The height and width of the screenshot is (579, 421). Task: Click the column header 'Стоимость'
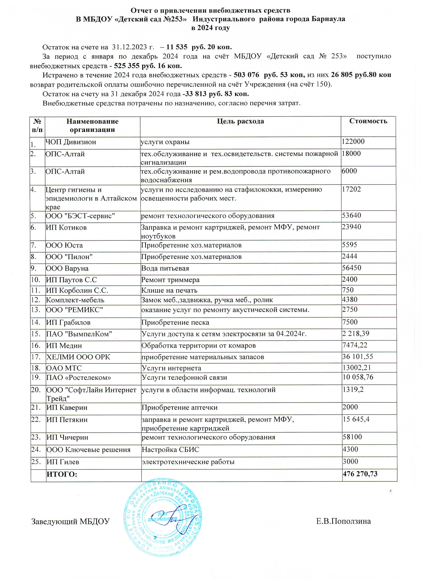368,121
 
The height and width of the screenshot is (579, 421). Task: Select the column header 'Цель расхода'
240,121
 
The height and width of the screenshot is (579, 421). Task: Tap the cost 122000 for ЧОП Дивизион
353,141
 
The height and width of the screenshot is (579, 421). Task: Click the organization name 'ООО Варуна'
67,268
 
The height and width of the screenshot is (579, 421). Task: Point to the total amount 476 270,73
360,474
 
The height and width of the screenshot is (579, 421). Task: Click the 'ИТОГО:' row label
62,474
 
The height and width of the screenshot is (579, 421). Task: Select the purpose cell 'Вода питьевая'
165,268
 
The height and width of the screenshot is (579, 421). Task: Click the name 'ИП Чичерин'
67,437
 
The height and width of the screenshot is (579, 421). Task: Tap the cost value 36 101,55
357,356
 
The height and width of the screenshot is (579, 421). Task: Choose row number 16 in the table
35,345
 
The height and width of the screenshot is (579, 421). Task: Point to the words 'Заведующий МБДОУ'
70,521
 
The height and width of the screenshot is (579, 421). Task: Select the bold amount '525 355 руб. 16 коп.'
148,66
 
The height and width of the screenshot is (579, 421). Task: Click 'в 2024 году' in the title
210,28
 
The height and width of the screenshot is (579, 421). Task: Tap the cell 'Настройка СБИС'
170,450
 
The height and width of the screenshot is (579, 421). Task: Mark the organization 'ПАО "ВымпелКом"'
79,334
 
